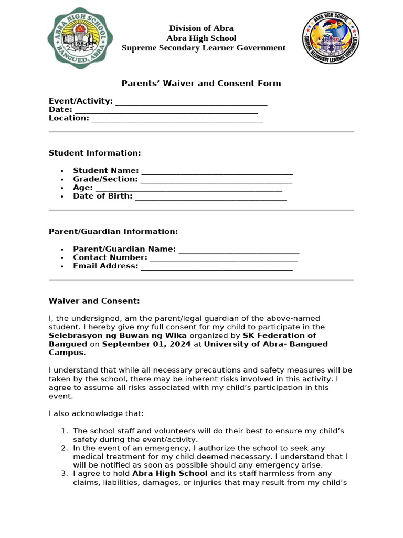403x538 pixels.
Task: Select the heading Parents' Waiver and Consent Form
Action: click(x=201, y=83)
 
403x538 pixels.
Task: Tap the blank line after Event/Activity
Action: click(x=191, y=102)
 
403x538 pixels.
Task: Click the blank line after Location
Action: click(x=177, y=119)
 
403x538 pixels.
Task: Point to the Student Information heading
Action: click(x=94, y=153)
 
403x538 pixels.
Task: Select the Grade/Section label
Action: click(x=105, y=179)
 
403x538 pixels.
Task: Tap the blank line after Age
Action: click(x=188, y=188)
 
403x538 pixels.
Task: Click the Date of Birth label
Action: click(x=102, y=196)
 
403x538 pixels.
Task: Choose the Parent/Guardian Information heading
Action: click(x=113, y=231)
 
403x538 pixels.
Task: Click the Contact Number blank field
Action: click(x=224, y=258)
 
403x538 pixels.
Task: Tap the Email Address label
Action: click(x=105, y=266)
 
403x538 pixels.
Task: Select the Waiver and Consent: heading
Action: click(x=94, y=301)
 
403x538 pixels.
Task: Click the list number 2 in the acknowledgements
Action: click(x=64, y=448)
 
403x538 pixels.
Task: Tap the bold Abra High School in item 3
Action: click(x=169, y=474)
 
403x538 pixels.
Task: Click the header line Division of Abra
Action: click(x=201, y=28)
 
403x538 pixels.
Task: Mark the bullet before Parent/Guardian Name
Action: click(x=62, y=250)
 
